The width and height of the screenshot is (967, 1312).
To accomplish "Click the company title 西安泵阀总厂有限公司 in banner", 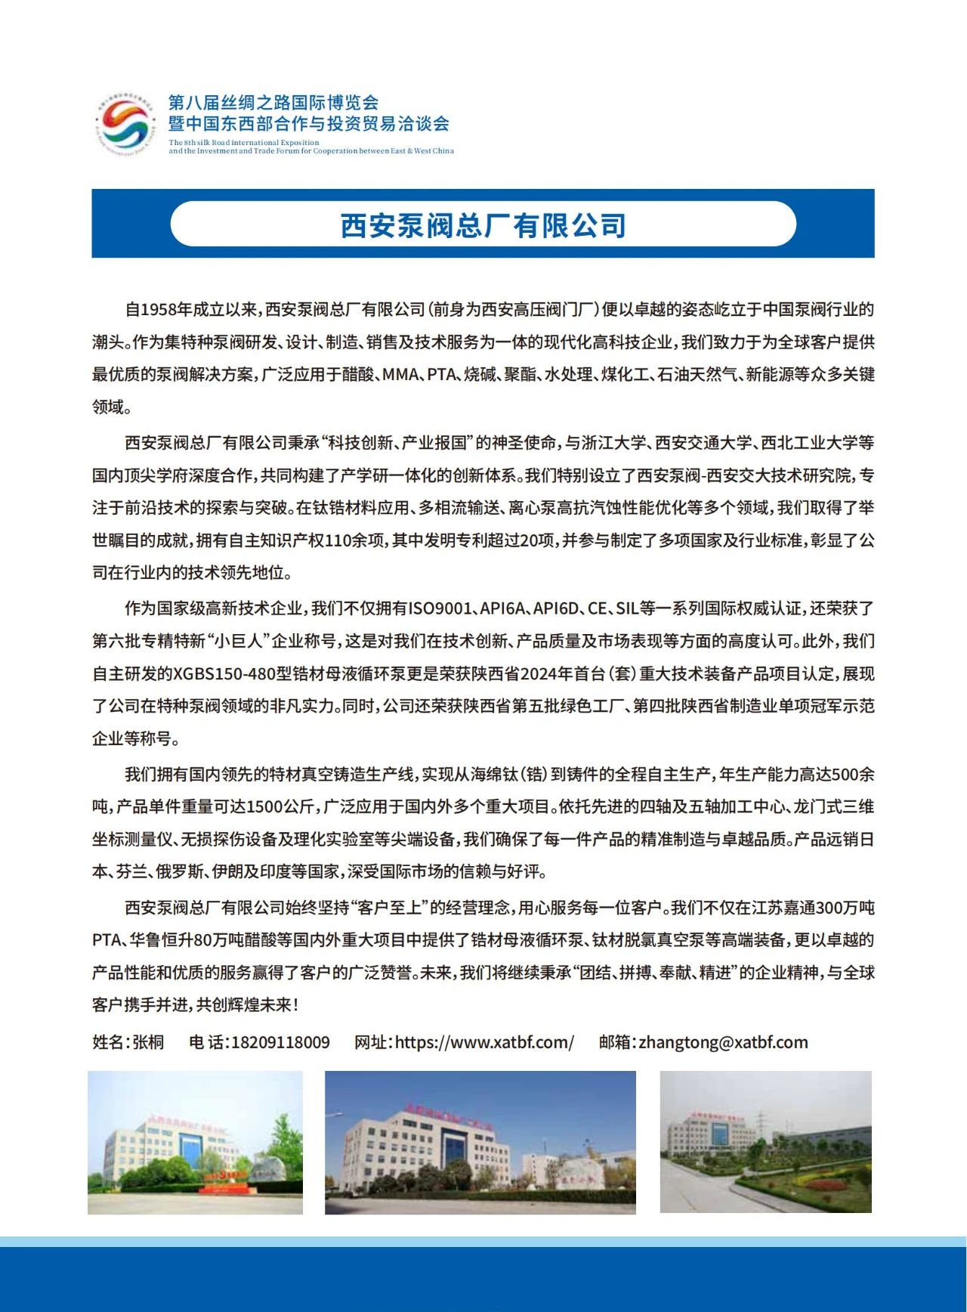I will tap(483, 224).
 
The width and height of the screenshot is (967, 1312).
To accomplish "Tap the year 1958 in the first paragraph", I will tap(158, 309).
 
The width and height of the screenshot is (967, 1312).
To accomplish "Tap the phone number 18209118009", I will tap(280, 1042).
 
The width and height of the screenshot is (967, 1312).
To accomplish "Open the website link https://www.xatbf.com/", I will tap(484, 1042).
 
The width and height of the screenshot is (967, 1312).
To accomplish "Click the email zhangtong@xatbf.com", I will tap(723, 1042).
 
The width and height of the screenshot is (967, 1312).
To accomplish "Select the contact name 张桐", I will tap(148, 1042).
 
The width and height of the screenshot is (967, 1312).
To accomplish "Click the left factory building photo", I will tap(195, 1142).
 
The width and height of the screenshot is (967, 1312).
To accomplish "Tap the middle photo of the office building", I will tap(480, 1142).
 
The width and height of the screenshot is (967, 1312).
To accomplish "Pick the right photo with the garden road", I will tap(765, 1141).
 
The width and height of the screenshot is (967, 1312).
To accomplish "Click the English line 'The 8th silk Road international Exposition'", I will tap(244, 142).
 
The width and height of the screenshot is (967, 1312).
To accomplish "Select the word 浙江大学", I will tap(614, 443).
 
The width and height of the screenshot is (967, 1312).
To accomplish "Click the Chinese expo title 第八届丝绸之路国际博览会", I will tap(273, 102).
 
